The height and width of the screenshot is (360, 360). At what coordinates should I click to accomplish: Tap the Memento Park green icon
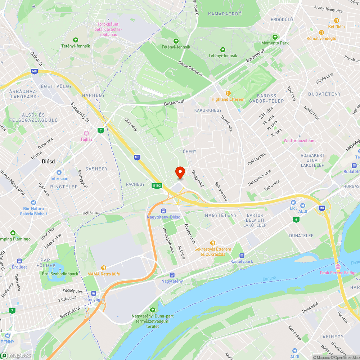[x=275, y=37]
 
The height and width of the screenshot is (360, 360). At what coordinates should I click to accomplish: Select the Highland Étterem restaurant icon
[x=228, y=93]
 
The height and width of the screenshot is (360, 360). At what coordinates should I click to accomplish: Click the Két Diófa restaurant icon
[x=337, y=21]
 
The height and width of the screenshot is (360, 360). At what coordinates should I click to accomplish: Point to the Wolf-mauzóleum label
[x=300, y=141]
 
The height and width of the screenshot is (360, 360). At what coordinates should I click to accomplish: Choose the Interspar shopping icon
[x=59, y=172]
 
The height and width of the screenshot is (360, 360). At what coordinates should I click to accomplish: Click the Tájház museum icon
[x=86, y=133]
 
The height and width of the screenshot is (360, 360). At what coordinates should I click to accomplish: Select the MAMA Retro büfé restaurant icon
[x=104, y=267]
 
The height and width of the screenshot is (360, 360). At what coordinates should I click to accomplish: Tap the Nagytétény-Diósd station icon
[x=163, y=211]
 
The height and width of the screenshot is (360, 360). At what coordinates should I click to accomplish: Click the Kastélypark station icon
[x=242, y=255]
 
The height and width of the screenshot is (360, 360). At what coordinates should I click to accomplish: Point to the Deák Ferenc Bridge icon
[x=338, y=267]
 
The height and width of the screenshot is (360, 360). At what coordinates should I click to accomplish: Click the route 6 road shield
[x=296, y=219]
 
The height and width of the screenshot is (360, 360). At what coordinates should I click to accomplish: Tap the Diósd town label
[x=48, y=161]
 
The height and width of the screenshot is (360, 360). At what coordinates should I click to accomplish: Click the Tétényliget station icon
[x=95, y=293]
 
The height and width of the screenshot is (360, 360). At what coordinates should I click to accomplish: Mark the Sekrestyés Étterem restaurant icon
[x=213, y=243]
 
